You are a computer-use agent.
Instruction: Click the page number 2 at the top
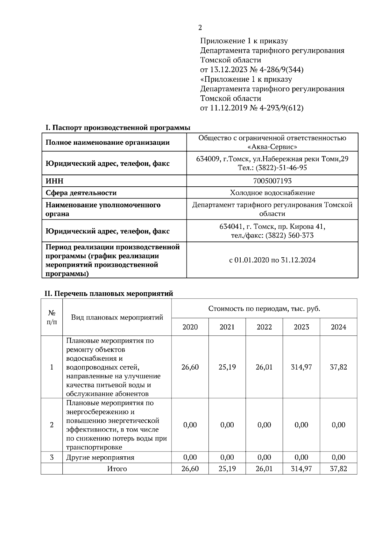(200, 28)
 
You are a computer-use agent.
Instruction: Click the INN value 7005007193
(272, 181)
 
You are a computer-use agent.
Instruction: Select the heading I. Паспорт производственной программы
(118, 128)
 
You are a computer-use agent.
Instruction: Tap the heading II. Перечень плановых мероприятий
(109, 294)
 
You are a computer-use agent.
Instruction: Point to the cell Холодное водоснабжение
(272, 193)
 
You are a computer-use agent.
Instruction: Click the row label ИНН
(54, 181)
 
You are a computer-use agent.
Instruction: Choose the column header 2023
(301, 327)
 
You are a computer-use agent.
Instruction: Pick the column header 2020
(190, 327)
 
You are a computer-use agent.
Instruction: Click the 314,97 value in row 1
(301, 367)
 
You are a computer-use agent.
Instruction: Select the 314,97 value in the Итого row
(301, 468)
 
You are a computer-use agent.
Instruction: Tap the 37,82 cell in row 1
(338, 367)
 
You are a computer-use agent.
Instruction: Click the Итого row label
(117, 469)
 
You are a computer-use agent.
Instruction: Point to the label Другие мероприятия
(100, 458)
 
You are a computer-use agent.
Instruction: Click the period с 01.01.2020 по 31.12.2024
(272, 260)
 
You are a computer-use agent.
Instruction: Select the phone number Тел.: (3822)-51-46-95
(272, 168)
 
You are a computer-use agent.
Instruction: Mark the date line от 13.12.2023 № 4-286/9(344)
(251, 70)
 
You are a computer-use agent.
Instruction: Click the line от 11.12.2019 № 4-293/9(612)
(251, 108)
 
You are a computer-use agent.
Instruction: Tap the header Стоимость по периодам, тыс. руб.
(264, 308)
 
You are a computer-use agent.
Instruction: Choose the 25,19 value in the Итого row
(227, 468)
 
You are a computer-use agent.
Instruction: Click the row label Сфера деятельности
(81, 193)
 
